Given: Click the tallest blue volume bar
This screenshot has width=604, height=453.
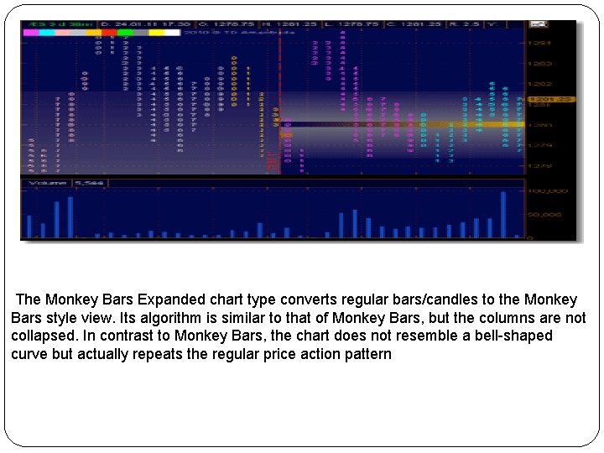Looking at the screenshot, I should pyautogui.click(x=503, y=215).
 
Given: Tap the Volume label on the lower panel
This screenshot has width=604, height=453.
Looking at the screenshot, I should pyautogui.click(x=47, y=183).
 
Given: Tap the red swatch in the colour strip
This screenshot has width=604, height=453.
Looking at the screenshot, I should pyautogui.click(x=108, y=33).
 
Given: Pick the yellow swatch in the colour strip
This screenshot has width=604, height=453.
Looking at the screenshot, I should pyautogui.click(x=157, y=33).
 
